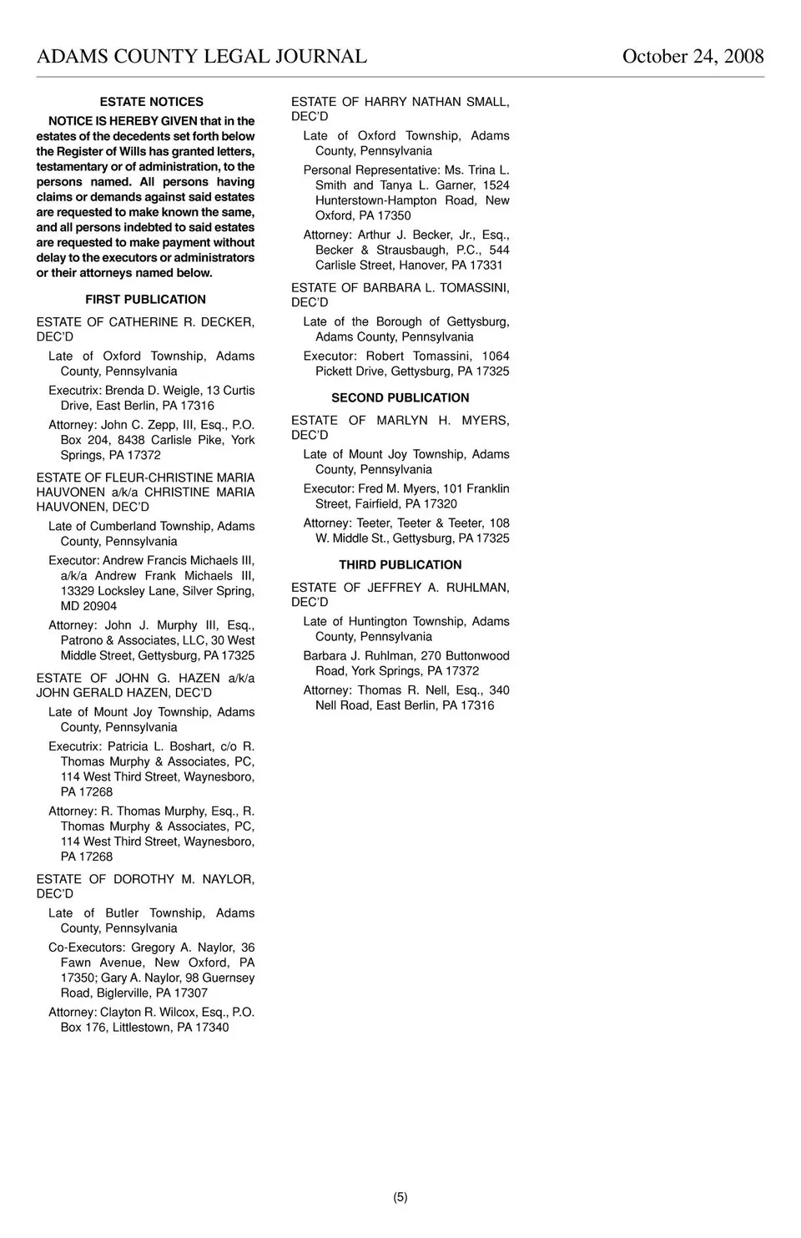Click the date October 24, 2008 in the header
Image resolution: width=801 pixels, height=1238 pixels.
coord(693,57)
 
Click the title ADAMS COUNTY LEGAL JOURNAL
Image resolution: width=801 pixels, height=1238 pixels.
coord(201,57)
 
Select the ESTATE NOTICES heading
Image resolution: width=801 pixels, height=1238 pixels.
coord(151,102)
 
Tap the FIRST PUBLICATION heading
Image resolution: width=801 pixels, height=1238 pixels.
coord(145,300)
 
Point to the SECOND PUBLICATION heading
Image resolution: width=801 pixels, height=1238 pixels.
coord(400,398)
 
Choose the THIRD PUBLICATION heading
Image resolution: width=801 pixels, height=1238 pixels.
coord(400,565)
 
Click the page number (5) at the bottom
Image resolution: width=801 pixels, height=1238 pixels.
coord(400,1197)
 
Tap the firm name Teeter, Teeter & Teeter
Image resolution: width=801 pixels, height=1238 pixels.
coord(420,523)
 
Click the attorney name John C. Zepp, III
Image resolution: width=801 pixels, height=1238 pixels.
coord(149,425)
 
